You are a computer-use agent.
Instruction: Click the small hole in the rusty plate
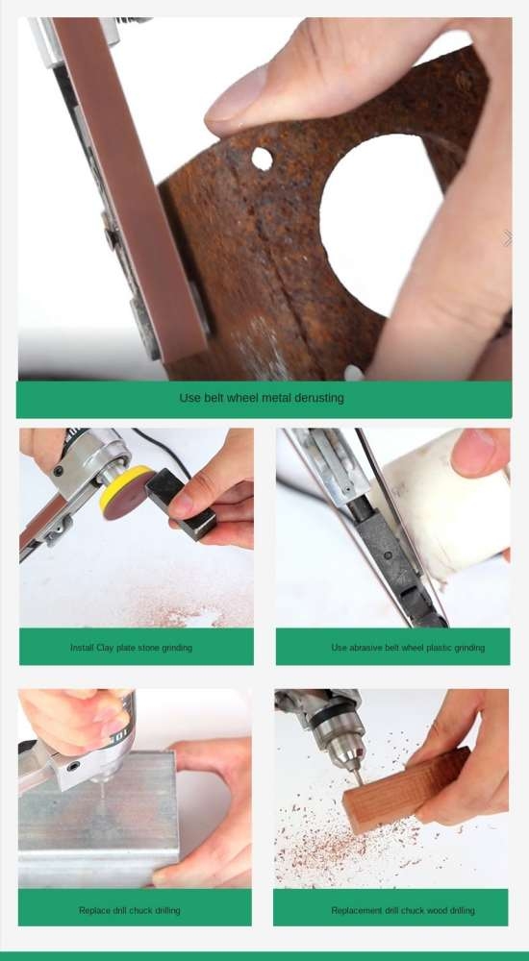coord(262,159)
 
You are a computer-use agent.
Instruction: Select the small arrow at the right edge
coord(507,238)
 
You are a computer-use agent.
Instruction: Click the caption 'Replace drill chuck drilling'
coord(130,910)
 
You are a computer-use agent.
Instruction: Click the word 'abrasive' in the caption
coord(369,648)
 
